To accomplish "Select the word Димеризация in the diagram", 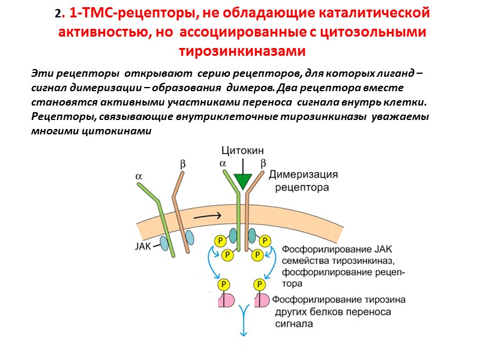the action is coord(303,175).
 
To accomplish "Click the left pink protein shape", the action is coord(226,301).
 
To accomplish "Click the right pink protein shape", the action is coord(262,301).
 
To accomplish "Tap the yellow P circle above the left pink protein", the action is coord(224,284).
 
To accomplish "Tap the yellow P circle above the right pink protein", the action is coord(260,284).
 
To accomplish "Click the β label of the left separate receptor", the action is coord(183,163).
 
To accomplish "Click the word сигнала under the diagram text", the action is coord(295,323).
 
